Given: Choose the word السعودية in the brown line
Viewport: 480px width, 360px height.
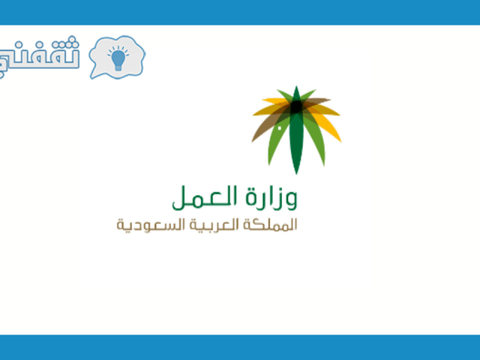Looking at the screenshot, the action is tap(151, 225).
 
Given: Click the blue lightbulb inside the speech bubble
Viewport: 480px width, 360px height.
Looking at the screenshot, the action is tap(118, 60).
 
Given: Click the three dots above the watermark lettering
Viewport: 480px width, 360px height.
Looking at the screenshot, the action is tap(72, 41).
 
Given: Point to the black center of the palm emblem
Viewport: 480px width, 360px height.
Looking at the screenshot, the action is tap(296, 107).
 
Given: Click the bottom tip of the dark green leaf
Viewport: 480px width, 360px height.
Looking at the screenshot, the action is tap(296, 174).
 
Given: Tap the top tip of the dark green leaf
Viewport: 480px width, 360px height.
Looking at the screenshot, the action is tap(296, 87).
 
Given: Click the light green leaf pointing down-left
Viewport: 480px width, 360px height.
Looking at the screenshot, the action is tap(277, 141).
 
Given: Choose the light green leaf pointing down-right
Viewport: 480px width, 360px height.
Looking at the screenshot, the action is tap(315, 141).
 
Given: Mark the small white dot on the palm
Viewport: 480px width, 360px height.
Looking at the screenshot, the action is tap(280, 128).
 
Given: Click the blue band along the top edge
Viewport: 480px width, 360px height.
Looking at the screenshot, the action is tap(240, 12).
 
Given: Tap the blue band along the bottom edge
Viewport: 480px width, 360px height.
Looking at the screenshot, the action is tap(240, 347).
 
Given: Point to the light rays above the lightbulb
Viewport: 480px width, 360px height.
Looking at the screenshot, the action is tap(118, 51).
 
